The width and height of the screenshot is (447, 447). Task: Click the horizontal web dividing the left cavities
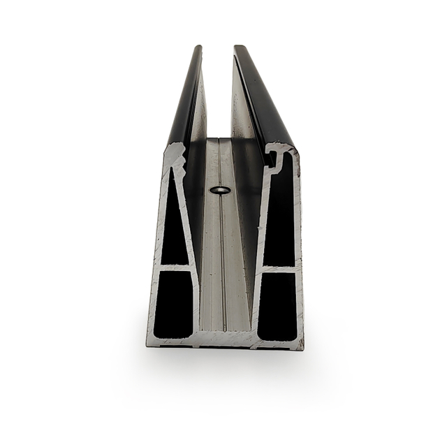[175, 267]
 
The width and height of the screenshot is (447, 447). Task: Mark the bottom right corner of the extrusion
[301, 346]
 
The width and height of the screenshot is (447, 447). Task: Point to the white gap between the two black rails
[217, 91]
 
